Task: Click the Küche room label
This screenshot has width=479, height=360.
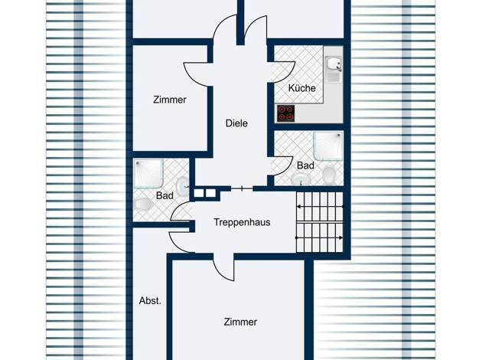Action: (301, 88)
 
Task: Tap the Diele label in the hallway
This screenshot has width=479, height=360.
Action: (236, 123)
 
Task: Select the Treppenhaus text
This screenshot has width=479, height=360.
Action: (242, 222)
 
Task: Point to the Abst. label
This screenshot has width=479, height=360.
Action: (150, 301)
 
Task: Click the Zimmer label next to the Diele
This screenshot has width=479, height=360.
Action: (170, 100)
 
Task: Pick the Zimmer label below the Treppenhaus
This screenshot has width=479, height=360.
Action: (240, 322)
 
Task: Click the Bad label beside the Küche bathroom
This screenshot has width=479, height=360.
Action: (305, 165)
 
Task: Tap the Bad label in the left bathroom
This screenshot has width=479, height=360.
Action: (165, 195)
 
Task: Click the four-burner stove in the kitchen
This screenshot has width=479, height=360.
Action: (285, 113)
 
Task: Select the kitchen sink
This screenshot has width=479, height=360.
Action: (333, 69)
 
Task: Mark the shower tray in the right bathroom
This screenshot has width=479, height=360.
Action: (327, 146)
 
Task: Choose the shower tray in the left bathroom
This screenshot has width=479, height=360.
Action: (148, 173)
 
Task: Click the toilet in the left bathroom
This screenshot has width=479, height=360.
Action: (143, 204)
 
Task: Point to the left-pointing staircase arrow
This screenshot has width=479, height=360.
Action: (320, 207)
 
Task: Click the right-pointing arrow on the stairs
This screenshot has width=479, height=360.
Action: (319, 237)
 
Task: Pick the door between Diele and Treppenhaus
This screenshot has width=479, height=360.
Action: (242, 188)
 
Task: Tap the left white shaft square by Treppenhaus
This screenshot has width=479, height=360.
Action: (199, 193)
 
